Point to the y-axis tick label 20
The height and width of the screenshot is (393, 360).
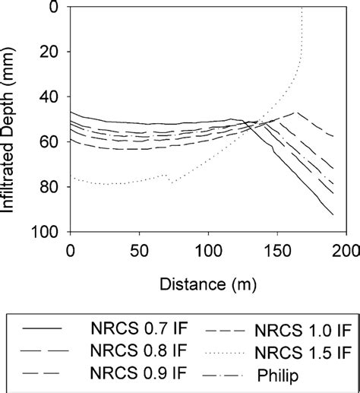click(x=53, y=52)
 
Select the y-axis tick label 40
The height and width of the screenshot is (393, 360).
click(x=53, y=97)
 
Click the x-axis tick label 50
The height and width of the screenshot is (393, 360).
click(x=139, y=252)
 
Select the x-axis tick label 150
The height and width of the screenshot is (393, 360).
click(x=276, y=252)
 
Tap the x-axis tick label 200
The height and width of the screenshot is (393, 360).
click(x=345, y=252)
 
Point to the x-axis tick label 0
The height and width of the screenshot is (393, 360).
click(x=71, y=252)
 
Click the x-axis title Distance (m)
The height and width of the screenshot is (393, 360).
click(x=207, y=284)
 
